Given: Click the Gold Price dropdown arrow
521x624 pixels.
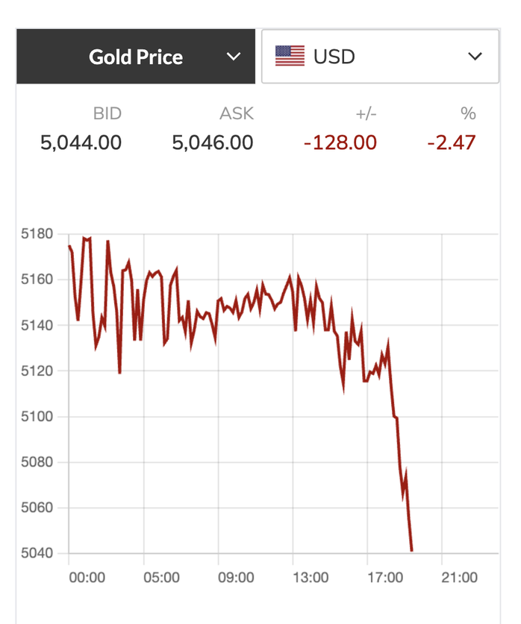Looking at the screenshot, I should [x=234, y=57].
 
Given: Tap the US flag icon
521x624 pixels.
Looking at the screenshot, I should [x=290, y=57].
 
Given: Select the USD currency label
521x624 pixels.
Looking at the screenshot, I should [x=334, y=57].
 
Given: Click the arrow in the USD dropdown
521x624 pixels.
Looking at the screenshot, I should [x=475, y=57].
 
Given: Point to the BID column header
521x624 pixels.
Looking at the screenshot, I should [x=107, y=114].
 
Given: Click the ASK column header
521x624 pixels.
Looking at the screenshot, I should [x=237, y=114].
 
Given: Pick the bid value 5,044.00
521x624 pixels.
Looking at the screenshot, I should [x=81, y=142].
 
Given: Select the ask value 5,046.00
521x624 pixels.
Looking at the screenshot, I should [x=213, y=142].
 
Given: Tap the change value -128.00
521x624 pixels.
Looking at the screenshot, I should [x=340, y=142].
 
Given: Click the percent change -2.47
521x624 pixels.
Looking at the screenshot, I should [x=451, y=142].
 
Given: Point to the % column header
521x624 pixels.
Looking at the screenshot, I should [x=468, y=114].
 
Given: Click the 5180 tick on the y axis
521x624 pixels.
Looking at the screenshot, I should [x=37, y=234].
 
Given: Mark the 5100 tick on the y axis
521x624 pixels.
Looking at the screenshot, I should [x=37, y=417].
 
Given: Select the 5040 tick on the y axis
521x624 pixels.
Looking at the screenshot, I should [x=37, y=553].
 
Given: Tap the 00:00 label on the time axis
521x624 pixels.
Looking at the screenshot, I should [x=87, y=578].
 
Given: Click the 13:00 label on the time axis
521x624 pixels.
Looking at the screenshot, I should [x=311, y=578].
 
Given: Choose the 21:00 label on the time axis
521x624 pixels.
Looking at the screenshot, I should [x=460, y=578].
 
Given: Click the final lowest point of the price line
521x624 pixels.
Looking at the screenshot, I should [x=412, y=551].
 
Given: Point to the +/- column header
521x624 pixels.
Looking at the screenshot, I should [x=366, y=114].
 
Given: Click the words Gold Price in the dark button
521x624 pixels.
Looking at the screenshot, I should [x=136, y=57].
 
